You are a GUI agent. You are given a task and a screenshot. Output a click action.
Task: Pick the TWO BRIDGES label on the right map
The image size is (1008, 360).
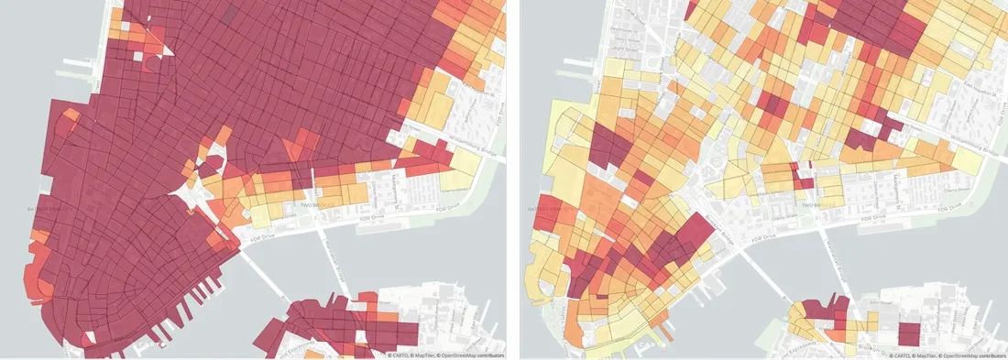pos(816,207)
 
